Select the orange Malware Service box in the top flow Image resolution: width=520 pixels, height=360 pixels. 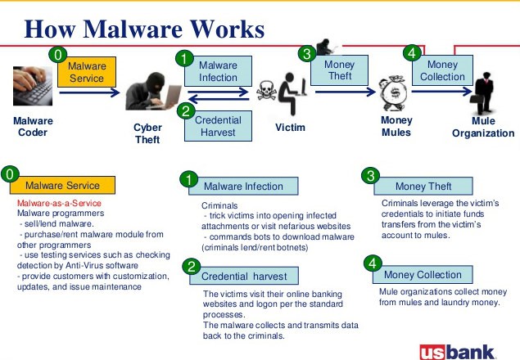(87, 72)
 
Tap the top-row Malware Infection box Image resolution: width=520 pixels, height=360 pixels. (218, 71)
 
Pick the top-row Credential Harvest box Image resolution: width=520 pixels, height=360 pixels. (218, 125)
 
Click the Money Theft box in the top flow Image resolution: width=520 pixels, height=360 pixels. (339, 70)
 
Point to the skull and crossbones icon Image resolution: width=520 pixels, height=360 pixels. (268, 92)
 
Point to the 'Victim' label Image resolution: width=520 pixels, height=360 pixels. (290, 128)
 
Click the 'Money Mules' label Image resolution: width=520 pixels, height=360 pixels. (396, 126)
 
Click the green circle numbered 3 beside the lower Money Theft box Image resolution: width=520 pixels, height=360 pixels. (371, 176)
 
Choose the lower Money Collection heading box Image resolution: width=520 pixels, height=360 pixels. (423, 274)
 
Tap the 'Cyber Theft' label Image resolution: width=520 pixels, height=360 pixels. (147, 133)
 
